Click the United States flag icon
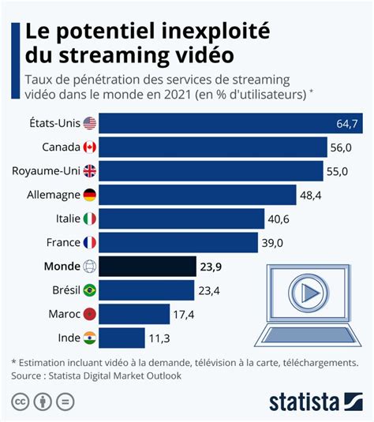coord(89,123)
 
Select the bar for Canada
coord(213,147)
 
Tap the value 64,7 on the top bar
coord(348,124)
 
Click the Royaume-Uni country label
coord(45,170)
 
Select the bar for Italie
coord(181,218)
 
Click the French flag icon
coord(89,243)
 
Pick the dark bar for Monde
coord(148,267)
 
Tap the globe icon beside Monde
coord(89,267)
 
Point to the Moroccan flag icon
coord(89,314)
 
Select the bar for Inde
coord(122,338)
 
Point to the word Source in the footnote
coord(28,376)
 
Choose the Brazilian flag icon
coord(89,290)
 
